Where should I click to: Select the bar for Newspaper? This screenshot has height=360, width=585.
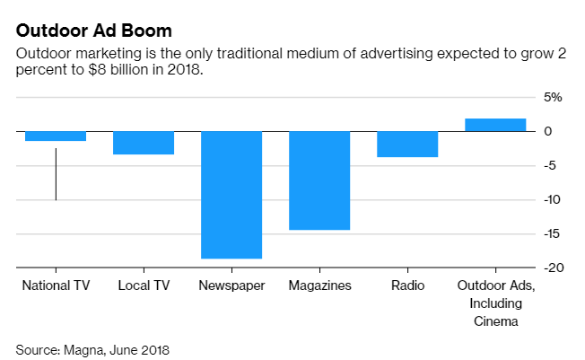(x=231, y=195)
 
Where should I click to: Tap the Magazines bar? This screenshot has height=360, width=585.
(x=319, y=180)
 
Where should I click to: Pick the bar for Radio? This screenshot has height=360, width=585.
(x=407, y=145)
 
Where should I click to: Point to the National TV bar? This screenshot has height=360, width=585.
(x=56, y=136)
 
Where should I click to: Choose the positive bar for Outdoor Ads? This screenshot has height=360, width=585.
(x=495, y=125)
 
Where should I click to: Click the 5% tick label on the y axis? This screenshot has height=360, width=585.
(x=552, y=97)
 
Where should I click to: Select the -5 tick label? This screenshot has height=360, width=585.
(x=554, y=165)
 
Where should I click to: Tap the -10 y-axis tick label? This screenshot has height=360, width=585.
(x=552, y=199)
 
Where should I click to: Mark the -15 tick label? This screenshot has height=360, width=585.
(x=552, y=233)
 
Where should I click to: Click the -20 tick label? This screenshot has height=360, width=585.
(x=552, y=268)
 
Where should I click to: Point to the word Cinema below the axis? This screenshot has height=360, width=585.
(x=495, y=320)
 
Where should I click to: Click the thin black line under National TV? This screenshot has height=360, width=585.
(x=56, y=175)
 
